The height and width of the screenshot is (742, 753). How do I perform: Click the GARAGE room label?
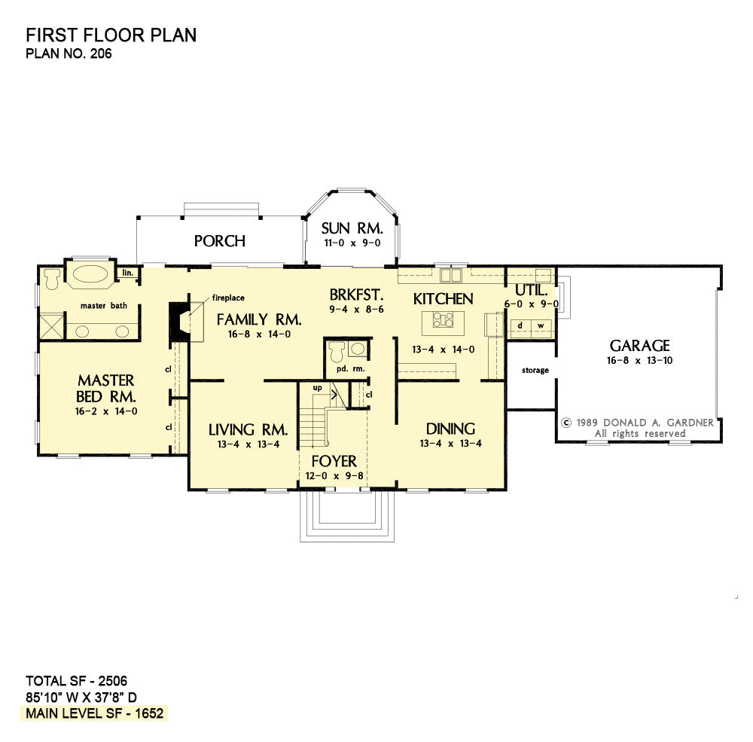tap(639, 346)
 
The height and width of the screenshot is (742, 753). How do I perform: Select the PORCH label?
tap(219, 241)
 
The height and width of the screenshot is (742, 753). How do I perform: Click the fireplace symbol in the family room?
tap(180, 322)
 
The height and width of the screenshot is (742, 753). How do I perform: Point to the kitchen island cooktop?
tap(443, 319)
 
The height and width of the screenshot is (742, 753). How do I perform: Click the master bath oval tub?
tap(90, 274)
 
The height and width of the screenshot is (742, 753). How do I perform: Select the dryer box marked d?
tap(520, 325)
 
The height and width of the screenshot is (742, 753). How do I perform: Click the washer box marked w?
tap(541, 325)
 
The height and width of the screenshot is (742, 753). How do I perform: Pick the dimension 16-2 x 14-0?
tap(106, 411)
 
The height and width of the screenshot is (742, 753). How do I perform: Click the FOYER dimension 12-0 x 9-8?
tap(334, 476)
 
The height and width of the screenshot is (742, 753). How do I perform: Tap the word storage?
tap(535, 371)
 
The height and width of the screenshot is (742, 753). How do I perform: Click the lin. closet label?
tap(128, 273)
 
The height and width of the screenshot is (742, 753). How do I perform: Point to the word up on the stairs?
tap(318, 388)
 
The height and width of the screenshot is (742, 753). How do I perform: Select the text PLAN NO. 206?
tap(69, 53)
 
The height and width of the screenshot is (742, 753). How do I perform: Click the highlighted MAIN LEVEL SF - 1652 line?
tap(95, 713)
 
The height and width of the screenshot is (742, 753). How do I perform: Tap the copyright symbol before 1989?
tap(567, 423)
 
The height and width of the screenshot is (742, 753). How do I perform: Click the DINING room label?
tap(450, 429)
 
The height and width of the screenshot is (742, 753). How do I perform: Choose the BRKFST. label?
tap(356, 295)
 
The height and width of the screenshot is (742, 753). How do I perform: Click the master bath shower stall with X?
tap(51, 326)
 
